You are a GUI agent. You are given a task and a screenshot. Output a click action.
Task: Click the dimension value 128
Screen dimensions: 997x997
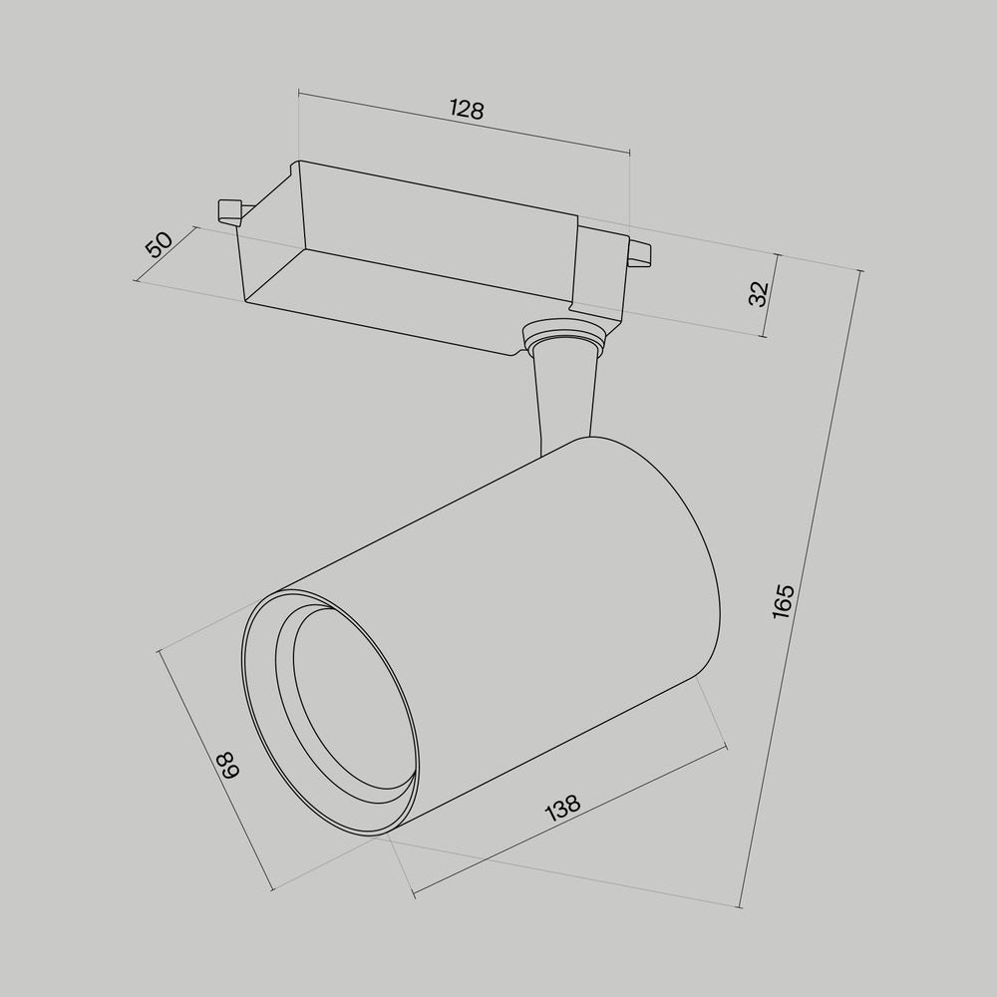click(x=466, y=110)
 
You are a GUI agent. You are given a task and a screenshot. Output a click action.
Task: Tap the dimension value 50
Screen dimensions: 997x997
click(x=159, y=244)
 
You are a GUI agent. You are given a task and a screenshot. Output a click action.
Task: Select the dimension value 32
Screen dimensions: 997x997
click(x=759, y=293)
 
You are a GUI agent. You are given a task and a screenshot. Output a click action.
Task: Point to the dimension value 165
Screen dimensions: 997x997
click(x=784, y=602)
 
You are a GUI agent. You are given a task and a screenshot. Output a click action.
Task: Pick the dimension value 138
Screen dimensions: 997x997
click(x=563, y=808)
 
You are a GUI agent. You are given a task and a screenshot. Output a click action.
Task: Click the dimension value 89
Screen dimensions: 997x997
click(x=227, y=766)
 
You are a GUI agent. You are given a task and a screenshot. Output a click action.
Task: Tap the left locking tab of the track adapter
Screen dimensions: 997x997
click(x=228, y=209)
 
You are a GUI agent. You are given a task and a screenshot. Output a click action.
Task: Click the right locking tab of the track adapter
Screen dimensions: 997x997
click(x=638, y=253)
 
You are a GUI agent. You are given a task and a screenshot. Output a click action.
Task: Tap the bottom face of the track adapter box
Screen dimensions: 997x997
click(x=399, y=299)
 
